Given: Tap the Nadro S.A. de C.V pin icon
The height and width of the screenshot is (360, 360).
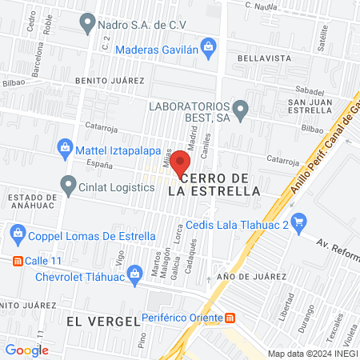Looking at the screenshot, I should pyautogui.click(x=88, y=25).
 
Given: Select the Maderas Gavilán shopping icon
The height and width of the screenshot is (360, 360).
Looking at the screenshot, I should pyautogui.click(x=208, y=48).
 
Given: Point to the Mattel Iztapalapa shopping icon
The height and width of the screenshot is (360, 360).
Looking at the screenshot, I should pyautogui.click(x=63, y=147).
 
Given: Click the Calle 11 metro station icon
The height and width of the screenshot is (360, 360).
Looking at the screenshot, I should pyautogui.click(x=17, y=261).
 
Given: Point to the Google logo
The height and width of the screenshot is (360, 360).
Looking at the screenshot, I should pyautogui.click(x=26, y=349).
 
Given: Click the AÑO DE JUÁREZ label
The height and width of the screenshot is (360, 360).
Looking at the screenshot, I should pyautogui.click(x=251, y=275).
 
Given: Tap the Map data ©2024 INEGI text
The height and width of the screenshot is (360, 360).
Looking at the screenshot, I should pyautogui.click(x=313, y=353).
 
